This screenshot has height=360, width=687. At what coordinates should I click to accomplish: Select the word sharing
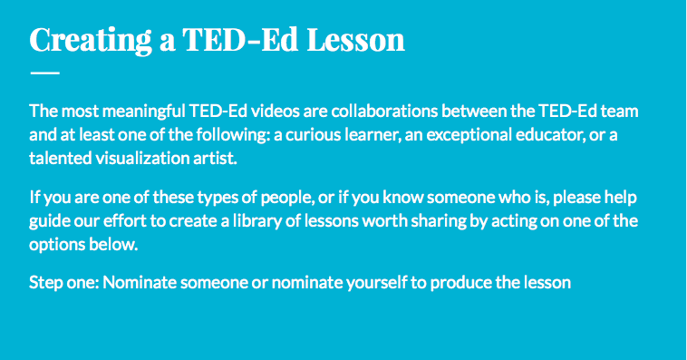[434, 219]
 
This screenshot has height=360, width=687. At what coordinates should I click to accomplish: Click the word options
[55, 243]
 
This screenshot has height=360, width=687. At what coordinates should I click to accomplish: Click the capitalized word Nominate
[140, 282]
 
